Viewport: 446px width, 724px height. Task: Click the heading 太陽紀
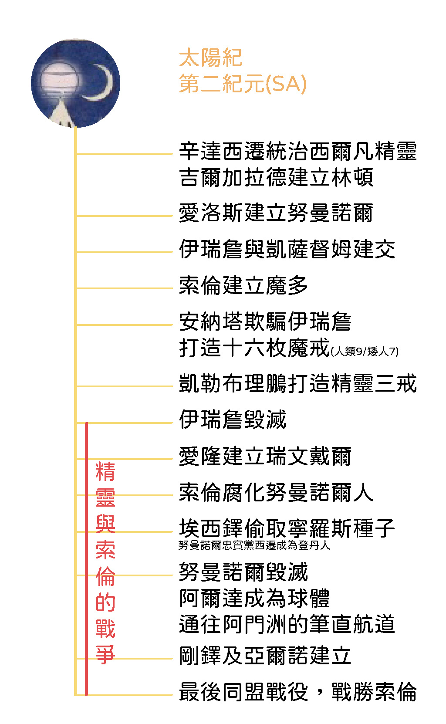tap(210, 58)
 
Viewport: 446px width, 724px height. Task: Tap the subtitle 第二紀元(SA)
tap(243, 84)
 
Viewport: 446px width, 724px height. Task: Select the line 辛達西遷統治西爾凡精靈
tap(297, 151)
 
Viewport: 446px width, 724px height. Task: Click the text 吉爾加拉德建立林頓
tap(276, 177)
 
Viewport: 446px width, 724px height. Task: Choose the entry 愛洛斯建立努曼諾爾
tap(276, 213)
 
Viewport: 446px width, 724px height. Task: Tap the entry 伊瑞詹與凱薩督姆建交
tap(287, 249)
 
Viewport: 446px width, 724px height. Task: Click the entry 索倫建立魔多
tap(243, 285)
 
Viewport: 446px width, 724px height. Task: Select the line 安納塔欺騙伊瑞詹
tap(265, 321)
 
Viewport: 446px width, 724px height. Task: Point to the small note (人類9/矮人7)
tap(365, 351)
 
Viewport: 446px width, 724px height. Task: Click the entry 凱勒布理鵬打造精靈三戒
tap(297, 383)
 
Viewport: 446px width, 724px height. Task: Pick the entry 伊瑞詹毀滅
tap(233, 420)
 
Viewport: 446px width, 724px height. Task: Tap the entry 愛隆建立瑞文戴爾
tap(265, 456)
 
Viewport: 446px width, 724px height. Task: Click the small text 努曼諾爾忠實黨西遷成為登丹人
tap(254, 545)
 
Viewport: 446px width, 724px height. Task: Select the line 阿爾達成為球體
tap(254, 598)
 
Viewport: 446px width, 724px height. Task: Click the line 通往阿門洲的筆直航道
tap(287, 624)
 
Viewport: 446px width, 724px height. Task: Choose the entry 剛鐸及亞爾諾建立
tap(265, 656)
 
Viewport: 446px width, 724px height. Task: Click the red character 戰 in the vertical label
tap(105, 629)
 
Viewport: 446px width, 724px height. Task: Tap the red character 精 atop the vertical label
tap(105, 471)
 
